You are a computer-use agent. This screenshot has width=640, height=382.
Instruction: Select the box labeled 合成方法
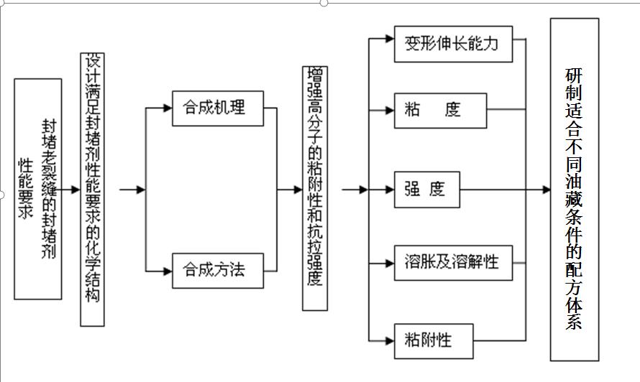coord(218,270)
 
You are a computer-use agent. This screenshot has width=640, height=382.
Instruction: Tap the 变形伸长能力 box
coord(447,44)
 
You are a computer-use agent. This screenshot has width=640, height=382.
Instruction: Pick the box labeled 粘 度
coord(439,111)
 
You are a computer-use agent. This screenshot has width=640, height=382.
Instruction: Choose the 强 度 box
coord(426,190)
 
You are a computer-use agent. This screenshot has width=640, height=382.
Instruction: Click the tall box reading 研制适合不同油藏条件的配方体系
coord(574,190)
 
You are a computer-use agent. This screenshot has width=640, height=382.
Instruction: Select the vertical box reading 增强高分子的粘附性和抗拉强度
coord(314,188)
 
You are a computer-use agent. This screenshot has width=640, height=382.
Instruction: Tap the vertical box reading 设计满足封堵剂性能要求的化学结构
coord(92,188)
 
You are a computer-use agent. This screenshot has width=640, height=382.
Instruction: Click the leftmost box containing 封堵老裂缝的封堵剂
coord(37,188)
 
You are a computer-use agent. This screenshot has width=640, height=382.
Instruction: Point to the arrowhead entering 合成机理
coord(168,108)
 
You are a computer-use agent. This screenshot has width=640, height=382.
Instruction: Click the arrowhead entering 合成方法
coord(168,271)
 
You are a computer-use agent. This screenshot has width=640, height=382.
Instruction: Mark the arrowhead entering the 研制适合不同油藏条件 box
coord(546,190)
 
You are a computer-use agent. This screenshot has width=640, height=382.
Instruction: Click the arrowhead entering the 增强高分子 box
coord(298,190)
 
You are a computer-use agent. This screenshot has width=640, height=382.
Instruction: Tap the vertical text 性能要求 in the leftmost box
coord(26,188)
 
